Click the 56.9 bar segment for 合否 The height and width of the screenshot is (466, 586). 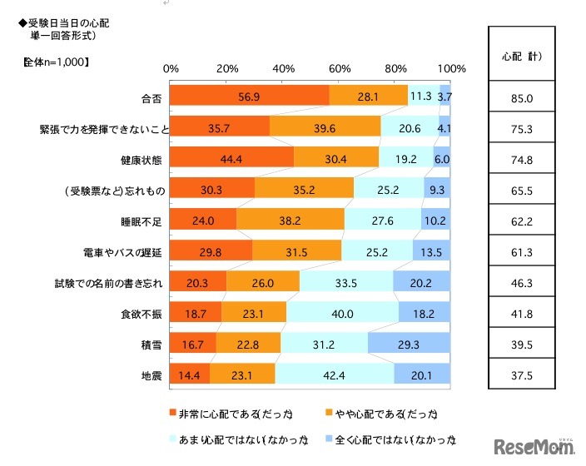click(x=249, y=97)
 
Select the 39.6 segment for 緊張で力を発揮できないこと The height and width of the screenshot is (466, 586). click(x=325, y=129)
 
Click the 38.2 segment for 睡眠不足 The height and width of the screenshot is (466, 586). click(x=291, y=222)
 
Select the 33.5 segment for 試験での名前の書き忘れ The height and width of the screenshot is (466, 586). click(x=346, y=284)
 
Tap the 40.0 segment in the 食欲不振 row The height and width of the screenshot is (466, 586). click(x=342, y=315)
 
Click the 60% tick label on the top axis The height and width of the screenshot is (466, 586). click(x=340, y=68)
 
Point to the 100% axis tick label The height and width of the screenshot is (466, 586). click(x=452, y=68)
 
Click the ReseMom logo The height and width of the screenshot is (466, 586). click(x=535, y=447)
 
